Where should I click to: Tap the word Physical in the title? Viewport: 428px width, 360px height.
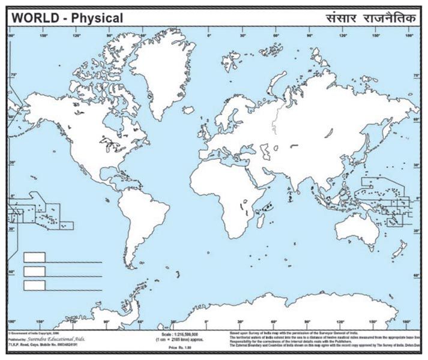click(x=97, y=18)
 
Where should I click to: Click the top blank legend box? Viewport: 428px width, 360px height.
click(x=34, y=257)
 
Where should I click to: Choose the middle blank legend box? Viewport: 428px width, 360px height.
click(x=34, y=272)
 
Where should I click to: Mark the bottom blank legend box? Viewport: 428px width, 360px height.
click(x=34, y=286)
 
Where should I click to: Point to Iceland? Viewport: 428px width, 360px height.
click(x=189, y=110)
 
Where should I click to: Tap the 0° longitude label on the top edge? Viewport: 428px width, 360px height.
click(x=207, y=35)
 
